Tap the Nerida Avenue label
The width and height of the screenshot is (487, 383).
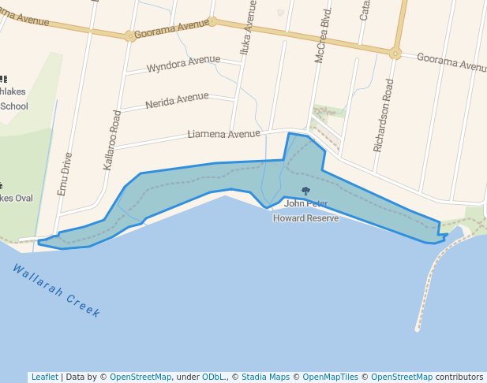pos(177,100)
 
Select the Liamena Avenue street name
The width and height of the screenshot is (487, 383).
pos(223,134)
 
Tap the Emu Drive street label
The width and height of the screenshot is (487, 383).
pos(65,173)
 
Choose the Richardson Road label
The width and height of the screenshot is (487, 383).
pos(387,115)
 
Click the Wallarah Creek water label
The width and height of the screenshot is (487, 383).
pos(57,290)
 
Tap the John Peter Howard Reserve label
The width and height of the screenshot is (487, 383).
pos(305,211)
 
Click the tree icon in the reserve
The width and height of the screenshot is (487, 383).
pos(305,191)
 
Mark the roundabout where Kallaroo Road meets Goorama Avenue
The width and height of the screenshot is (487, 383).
pos(129,35)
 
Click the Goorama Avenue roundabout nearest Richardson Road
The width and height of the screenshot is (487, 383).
pos(395,54)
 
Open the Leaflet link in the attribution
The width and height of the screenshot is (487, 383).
pos(44,377)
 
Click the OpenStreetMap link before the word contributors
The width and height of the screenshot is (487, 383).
pos(402,377)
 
